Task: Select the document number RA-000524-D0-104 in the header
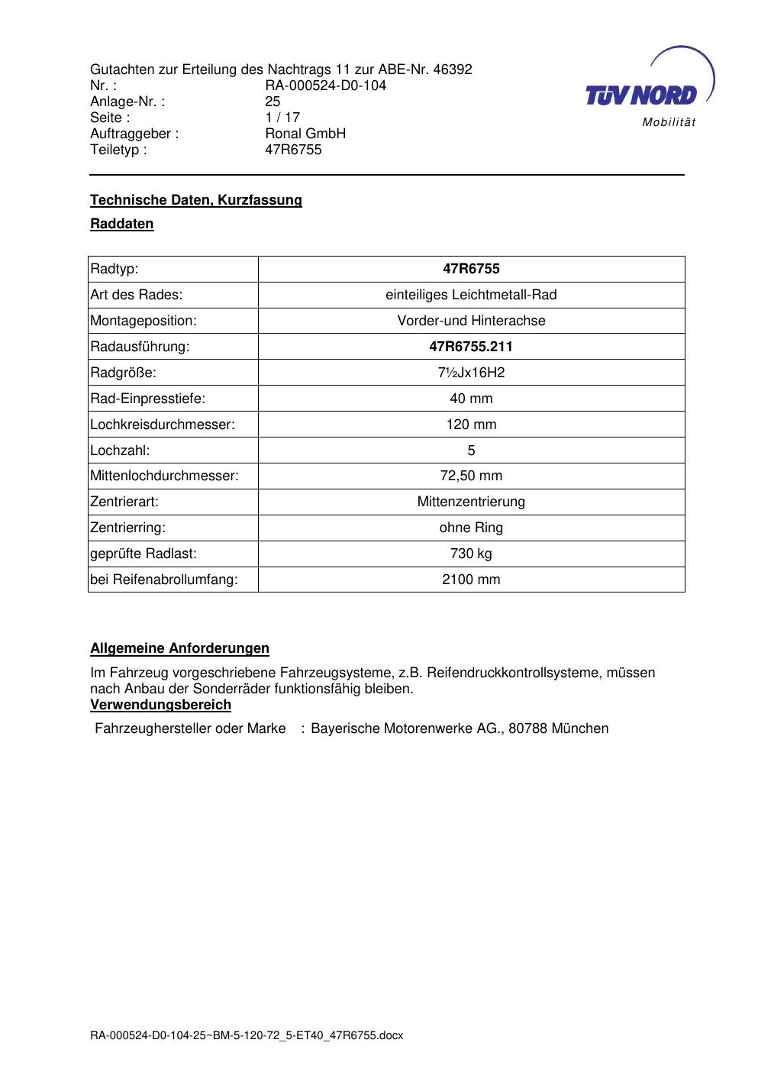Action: coord(325,86)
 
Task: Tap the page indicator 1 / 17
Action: coord(282,118)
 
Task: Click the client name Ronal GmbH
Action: coord(305,134)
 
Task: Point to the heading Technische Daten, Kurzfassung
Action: coord(196,200)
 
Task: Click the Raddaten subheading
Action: coord(122,224)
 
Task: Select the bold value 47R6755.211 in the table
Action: coord(471,347)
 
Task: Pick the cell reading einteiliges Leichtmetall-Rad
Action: coord(471,295)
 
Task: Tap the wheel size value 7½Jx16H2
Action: coord(471,373)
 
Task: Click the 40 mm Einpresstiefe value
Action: coord(471,399)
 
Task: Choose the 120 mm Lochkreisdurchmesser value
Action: coord(471,425)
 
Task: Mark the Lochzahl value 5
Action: coord(471,450)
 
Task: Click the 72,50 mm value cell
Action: coord(471,476)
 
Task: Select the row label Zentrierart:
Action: coord(124,502)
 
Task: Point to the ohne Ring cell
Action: coord(471,528)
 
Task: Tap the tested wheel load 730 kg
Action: coord(471,554)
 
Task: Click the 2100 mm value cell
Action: coord(471,580)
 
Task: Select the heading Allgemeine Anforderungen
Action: coord(180,648)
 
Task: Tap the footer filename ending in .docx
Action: coord(247,1035)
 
